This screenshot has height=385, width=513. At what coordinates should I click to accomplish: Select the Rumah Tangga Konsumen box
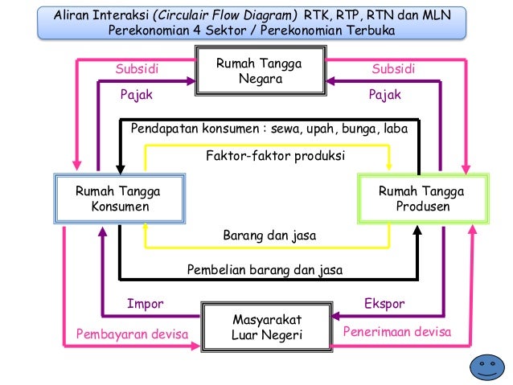tap(117, 199)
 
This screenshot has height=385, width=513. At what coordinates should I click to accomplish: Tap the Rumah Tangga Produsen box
tap(422, 199)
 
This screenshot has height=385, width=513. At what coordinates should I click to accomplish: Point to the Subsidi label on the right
tap(393, 69)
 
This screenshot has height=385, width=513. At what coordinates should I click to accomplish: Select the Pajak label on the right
tap(384, 95)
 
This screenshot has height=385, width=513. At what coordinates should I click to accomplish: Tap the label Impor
tap(146, 305)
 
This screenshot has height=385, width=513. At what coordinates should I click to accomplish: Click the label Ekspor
tap(384, 305)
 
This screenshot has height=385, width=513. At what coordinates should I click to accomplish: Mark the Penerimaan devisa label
tap(397, 331)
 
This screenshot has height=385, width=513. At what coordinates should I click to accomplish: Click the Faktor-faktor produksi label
tap(276, 155)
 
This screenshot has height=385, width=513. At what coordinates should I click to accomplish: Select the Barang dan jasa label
tap(269, 236)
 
